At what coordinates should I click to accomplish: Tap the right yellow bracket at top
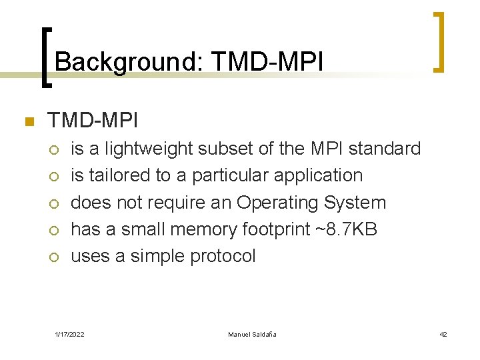pyautogui.click(x=439, y=41)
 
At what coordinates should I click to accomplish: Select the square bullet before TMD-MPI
pyautogui.click(x=28, y=122)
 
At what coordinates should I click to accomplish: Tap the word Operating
pyautogui.click(x=278, y=203)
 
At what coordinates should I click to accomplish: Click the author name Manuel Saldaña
pyautogui.click(x=252, y=334)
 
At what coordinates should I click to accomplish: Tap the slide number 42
pyautogui.click(x=443, y=334)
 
